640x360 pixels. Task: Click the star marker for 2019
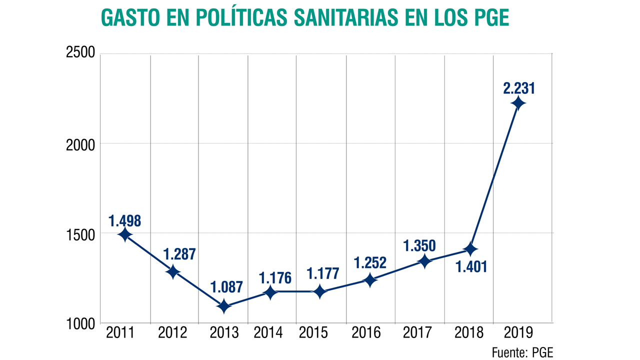click(x=518, y=104)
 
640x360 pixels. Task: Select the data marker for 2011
click(x=125, y=234)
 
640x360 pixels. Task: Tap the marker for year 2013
click(x=223, y=306)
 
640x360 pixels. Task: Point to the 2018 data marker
click(x=469, y=249)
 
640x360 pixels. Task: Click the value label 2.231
click(x=518, y=88)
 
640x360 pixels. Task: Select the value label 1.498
click(x=124, y=220)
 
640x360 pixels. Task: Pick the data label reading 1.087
click(x=226, y=287)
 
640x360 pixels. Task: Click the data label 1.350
click(x=419, y=245)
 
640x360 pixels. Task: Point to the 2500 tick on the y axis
click(x=80, y=53)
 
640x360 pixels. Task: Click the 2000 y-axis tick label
click(x=80, y=143)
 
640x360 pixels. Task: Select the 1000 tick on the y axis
click(x=80, y=324)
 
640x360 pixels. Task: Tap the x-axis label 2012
click(x=173, y=332)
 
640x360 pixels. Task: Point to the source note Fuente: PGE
click(x=522, y=352)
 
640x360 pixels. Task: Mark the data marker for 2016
click(x=370, y=280)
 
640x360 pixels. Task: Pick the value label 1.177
click(x=322, y=273)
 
